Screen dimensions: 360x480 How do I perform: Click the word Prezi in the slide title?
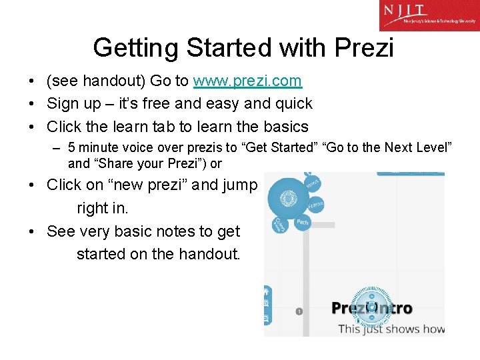[363, 48]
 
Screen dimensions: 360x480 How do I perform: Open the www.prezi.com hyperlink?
[247, 81]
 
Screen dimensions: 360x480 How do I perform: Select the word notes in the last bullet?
[179, 231]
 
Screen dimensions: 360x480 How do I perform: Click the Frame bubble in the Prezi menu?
[315, 205]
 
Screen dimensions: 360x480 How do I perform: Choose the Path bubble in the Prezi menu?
[303, 222]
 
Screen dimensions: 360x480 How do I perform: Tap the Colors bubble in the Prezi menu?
[280, 225]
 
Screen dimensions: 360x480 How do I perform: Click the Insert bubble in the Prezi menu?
[312, 183]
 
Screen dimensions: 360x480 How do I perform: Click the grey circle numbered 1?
[299, 311]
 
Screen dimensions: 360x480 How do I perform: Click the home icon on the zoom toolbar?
[267, 291]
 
